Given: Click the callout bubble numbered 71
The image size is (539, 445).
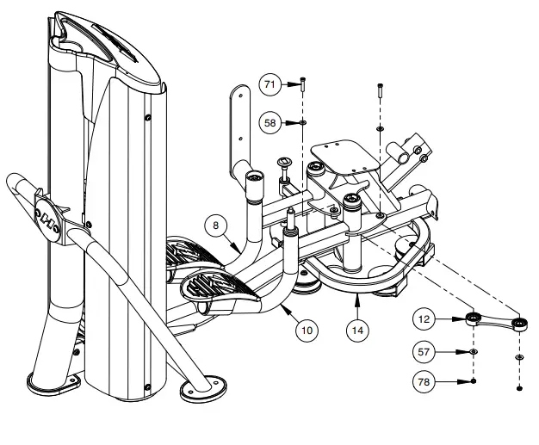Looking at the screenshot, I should point(271,84).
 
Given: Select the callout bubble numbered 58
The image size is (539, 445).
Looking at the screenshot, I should point(271,123).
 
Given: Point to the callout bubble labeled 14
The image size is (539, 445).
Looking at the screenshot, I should point(357,328).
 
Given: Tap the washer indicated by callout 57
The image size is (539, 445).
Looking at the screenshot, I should point(474,352).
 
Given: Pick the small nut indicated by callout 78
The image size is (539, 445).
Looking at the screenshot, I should point(474,380).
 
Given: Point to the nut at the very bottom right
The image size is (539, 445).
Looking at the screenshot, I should point(520,388).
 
